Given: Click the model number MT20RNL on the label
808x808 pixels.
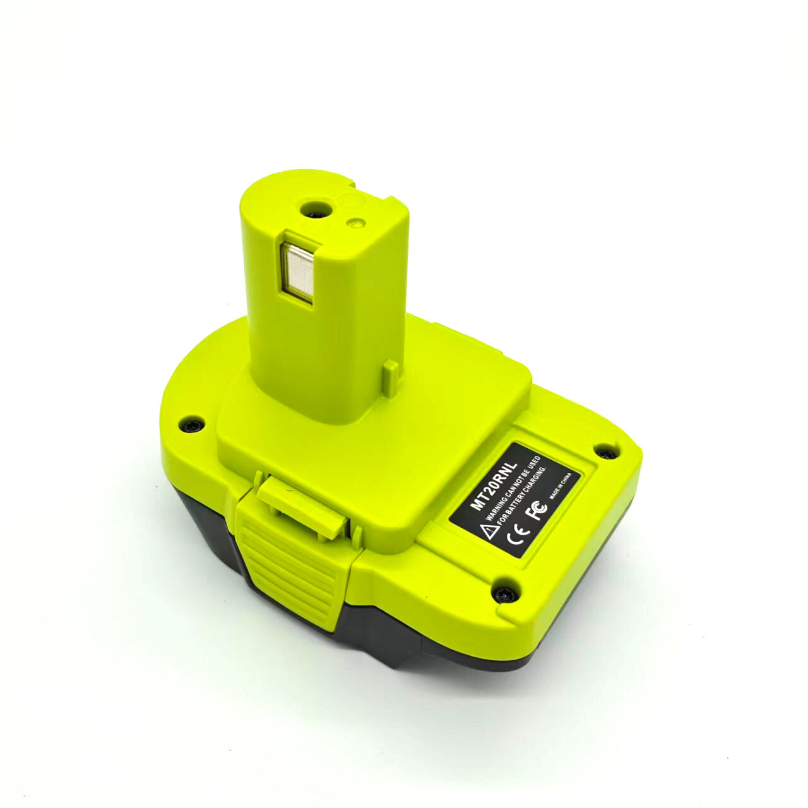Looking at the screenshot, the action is (x=495, y=486).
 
